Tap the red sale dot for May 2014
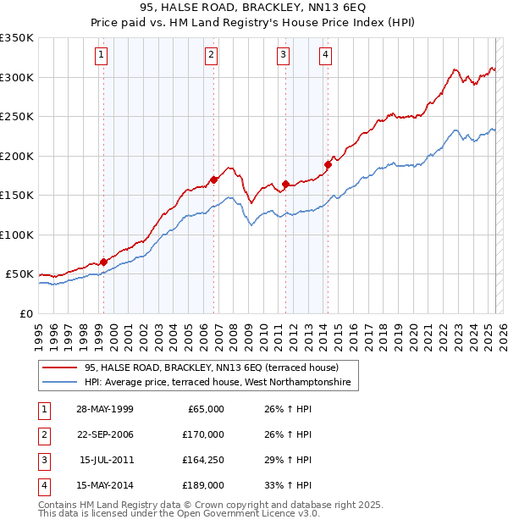click(x=328, y=164)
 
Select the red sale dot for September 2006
click(x=214, y=180)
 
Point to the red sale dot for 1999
click(x=103, y=262)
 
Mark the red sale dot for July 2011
click(x=285, y=184)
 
